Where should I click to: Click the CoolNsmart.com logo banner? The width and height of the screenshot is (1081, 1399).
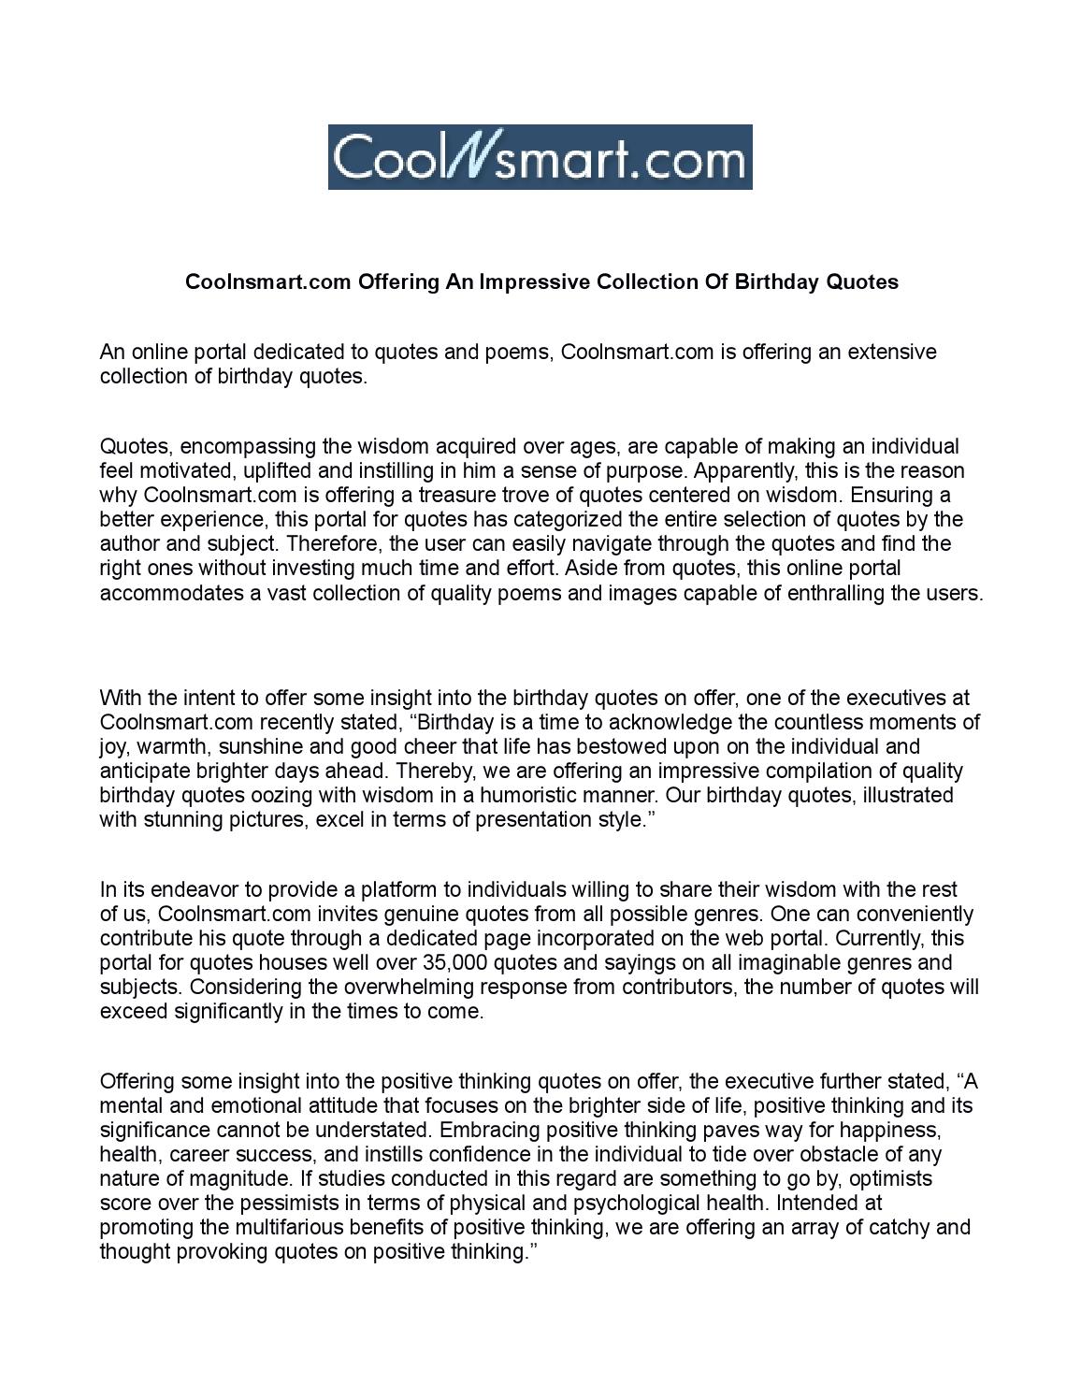tap(540, 157)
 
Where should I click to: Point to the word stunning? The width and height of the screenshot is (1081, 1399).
tap(179, 819)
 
